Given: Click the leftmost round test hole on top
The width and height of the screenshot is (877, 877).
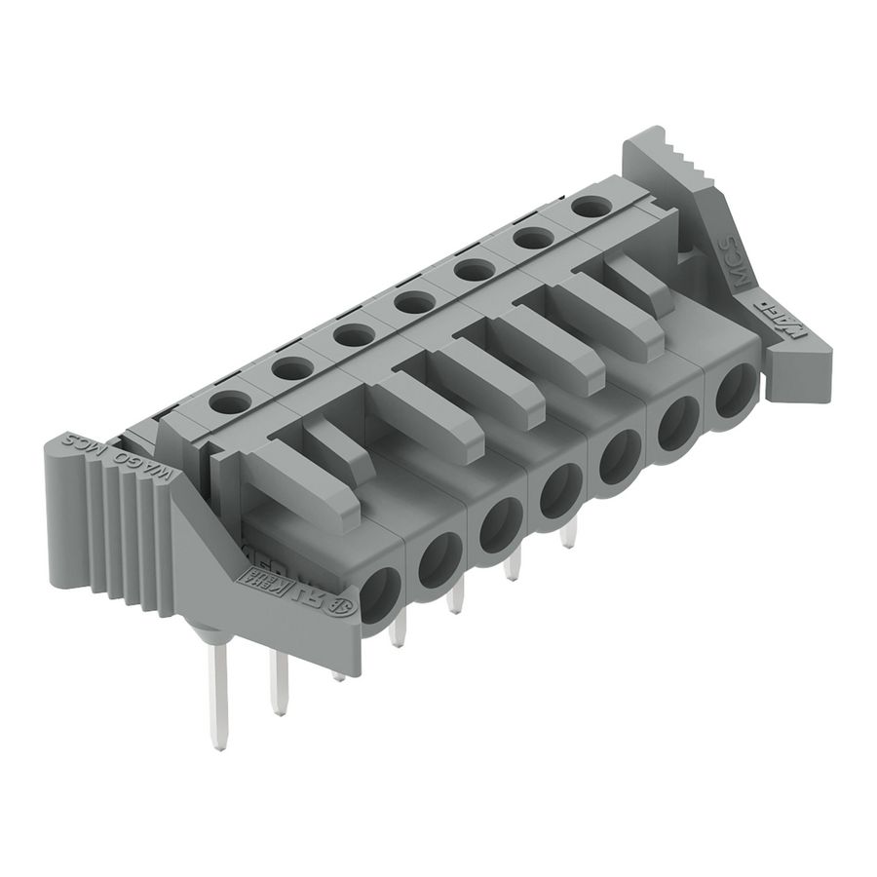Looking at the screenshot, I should pos(230,400).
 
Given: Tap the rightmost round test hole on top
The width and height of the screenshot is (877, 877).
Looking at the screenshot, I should pos(589,207).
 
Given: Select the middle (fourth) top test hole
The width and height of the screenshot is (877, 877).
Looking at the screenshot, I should pos(414,302).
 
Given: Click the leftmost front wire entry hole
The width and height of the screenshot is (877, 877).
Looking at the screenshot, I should pos(379,591).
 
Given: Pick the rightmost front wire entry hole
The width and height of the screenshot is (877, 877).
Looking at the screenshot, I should pos(736,388).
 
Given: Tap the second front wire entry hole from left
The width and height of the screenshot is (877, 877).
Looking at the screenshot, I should pos(439,557).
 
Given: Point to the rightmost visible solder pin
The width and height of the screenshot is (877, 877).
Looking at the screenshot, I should pos(570,531).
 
